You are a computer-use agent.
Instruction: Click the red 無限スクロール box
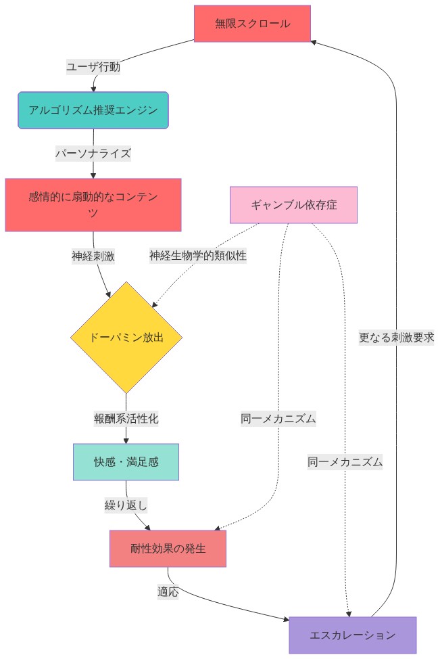click(252, 24)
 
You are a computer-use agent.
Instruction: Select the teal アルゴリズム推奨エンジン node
click(93, 110)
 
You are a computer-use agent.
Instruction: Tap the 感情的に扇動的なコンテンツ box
click(93, 205)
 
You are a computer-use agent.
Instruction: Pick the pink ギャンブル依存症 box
click(293, 205)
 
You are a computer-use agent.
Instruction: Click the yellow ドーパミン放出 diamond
click(126, 337)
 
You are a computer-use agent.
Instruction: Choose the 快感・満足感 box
click(126, 462)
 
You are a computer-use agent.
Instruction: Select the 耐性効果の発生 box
click(168, 549)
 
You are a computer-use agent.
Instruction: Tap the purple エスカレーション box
click(352, 635)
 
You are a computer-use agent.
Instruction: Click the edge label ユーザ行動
click(93, 66)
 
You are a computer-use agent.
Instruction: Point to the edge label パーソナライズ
click(93, 153)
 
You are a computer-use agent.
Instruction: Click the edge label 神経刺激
click(93, 256)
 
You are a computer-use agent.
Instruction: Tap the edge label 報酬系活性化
click(126, 418)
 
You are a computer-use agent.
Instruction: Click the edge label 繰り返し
click(126, 505)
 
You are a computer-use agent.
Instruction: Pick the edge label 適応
click(168, 591)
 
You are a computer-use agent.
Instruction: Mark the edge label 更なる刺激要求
click(396, 337)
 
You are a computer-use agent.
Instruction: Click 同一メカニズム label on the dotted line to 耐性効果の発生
click(278, 418)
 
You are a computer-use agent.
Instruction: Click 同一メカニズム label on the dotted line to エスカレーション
click(345, 462)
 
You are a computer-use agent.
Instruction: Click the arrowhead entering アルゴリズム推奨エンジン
click(93, 89)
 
